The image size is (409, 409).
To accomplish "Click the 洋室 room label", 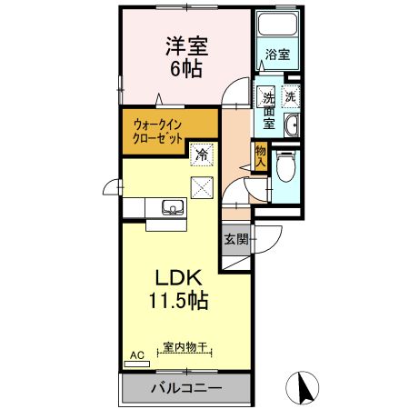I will coord(183,45).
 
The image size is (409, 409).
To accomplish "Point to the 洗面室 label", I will coord(269,109).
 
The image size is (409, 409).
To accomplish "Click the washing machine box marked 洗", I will coord(291,95).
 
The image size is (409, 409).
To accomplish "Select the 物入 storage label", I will coord(261,155).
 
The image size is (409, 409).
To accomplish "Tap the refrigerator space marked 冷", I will coord(201,155).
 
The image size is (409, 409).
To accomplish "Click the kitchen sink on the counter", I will coord(171,208).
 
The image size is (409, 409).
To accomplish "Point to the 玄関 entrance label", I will coord(235,239).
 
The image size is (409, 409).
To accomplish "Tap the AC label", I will coord(137,354).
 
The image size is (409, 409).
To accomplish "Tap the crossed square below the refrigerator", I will coord(201,188).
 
